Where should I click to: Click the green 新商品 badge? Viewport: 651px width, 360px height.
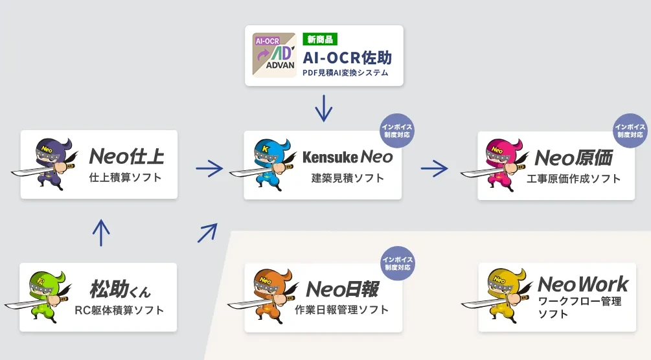click(x=320, y=39)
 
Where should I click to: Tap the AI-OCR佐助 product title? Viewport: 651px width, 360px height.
click(x=347, y=56)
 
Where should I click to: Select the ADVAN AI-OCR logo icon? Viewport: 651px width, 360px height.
click(x=274, y=56)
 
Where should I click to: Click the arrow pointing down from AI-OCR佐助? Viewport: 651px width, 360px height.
click(x=323, y=108)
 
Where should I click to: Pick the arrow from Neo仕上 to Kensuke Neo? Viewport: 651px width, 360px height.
click(x=209, y=169)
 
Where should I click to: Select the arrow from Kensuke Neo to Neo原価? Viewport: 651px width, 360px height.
click(x=434, y=169)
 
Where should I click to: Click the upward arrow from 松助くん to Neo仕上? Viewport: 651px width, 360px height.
click(x=100, y=232)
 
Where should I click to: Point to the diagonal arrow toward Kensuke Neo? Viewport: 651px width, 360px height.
click(x=207, y=232)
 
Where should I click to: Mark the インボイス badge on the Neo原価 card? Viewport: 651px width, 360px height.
click(x=630, y=131)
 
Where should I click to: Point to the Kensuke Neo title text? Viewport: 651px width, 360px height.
click(x=347, y=157)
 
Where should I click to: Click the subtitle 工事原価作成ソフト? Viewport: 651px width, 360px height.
click(x=574, y=179)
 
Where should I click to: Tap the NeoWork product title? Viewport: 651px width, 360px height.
click(x=582, y=284)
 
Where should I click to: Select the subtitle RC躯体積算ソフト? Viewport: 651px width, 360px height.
click(x=119, y=310)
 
